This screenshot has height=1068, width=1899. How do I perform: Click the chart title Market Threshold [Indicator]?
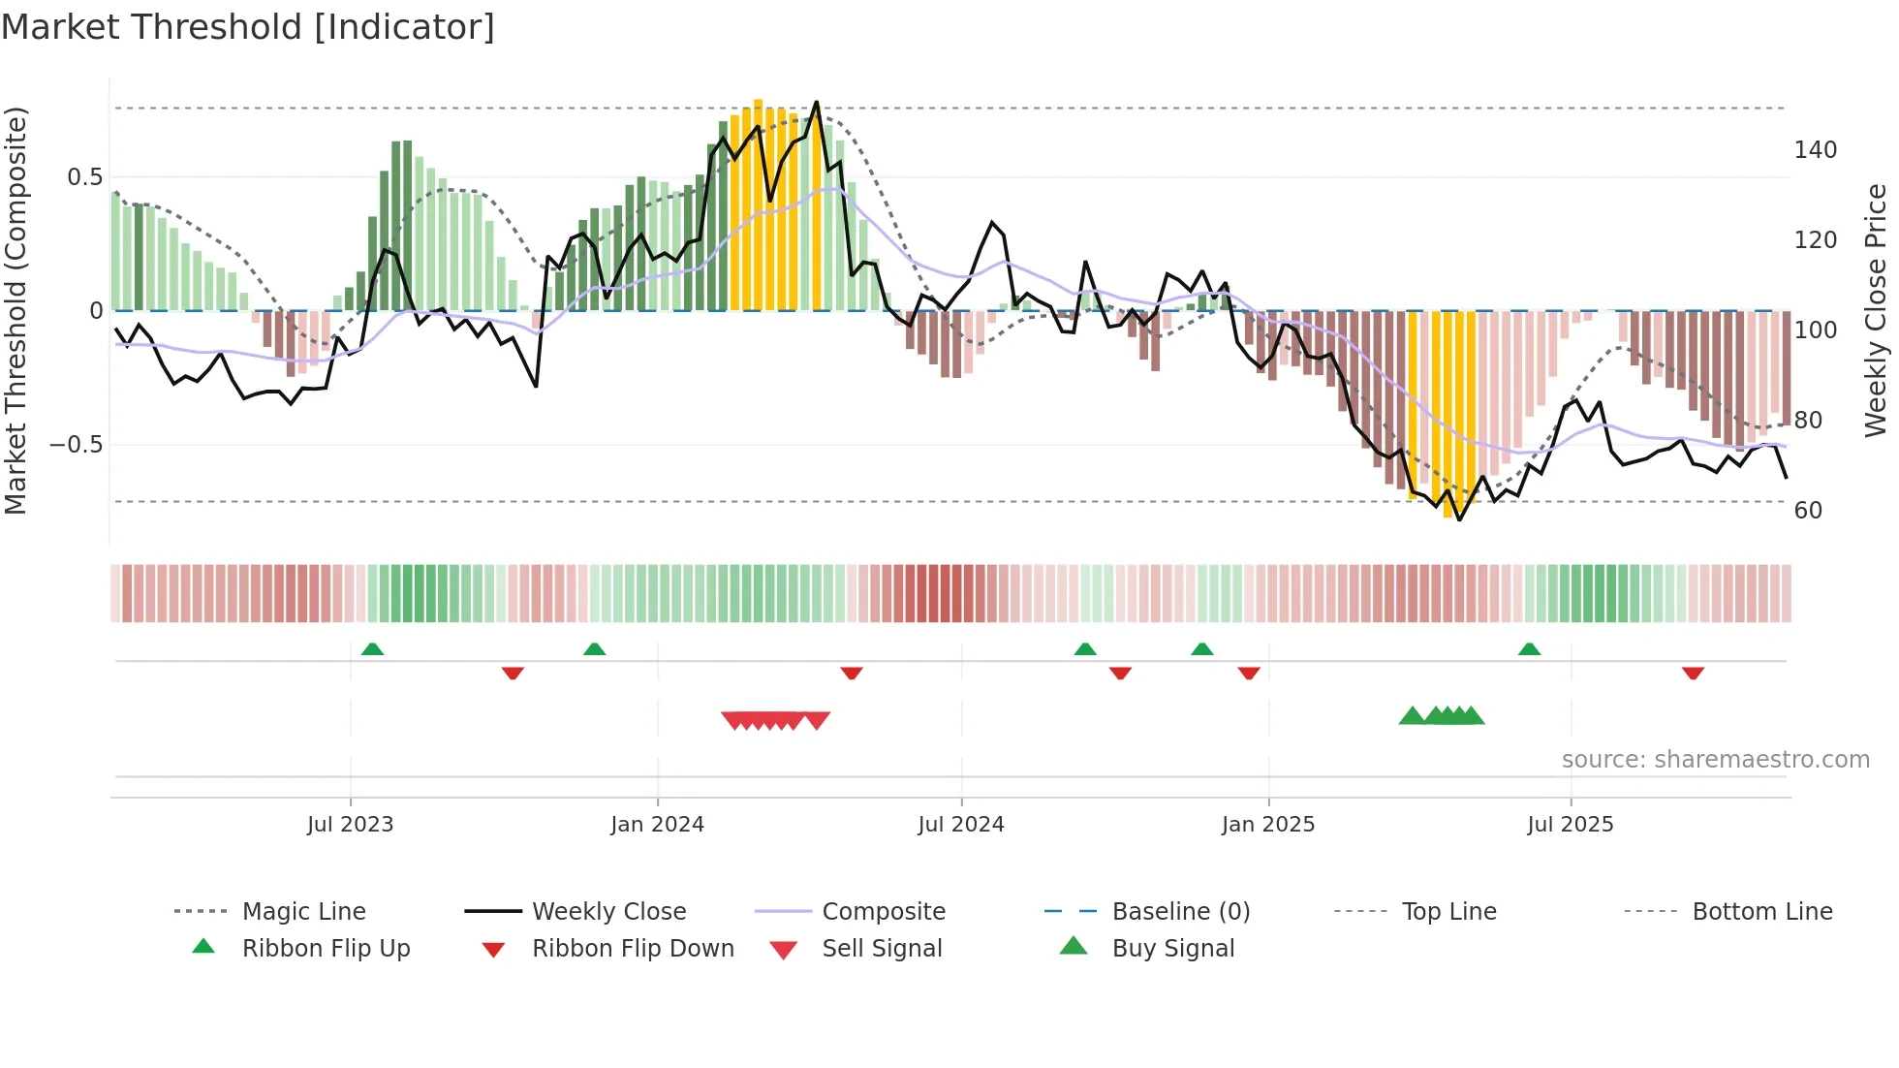[248, 27]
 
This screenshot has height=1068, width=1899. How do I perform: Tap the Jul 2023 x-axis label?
[350, 825]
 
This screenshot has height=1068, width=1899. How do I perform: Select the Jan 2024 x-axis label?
[657, 825]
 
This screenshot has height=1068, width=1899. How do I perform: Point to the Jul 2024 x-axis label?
[960, 825]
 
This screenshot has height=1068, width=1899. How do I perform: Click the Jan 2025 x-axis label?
[1267, 825]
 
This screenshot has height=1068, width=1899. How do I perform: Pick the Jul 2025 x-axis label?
[1570, 825]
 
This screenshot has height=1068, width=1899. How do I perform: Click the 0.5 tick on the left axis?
[84, 177]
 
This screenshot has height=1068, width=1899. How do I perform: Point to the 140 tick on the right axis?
[1815, 150]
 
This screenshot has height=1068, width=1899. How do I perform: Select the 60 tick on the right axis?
[1808, 511]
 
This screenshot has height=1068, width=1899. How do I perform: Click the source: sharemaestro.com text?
[1715, 760]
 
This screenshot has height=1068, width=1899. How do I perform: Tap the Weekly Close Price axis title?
[1876, 310]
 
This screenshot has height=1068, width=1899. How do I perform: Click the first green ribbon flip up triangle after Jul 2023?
[372, 649]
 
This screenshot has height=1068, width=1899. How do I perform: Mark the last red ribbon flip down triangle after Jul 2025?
[1693, 673]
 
